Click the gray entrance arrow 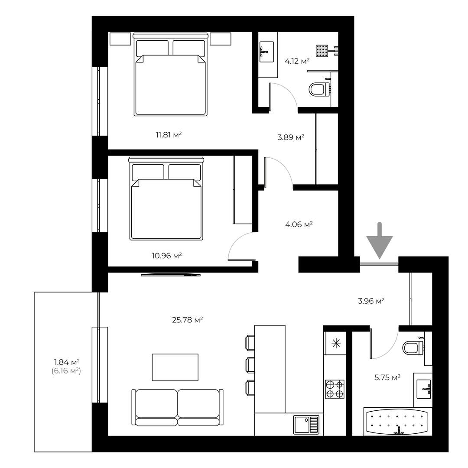coord(380,240)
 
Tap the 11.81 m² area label coord(169,135)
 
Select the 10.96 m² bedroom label coord(167,256)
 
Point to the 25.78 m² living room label coord(188,320)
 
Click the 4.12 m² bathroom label coord(297,62)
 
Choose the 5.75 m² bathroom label coord(387,377)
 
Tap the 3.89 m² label coord(291,137)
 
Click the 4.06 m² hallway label coord(299,224)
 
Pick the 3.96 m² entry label coord(371,301)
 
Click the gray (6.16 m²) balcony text coord(66,371)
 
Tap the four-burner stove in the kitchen coord(335,389)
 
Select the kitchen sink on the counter coord(306,425)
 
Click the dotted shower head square coord(322,51)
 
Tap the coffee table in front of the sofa coord(175,367)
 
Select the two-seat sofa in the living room coord(178,407)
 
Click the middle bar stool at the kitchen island coord(250,365)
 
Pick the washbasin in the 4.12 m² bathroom coord(266,52)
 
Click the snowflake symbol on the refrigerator coord(336,344)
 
